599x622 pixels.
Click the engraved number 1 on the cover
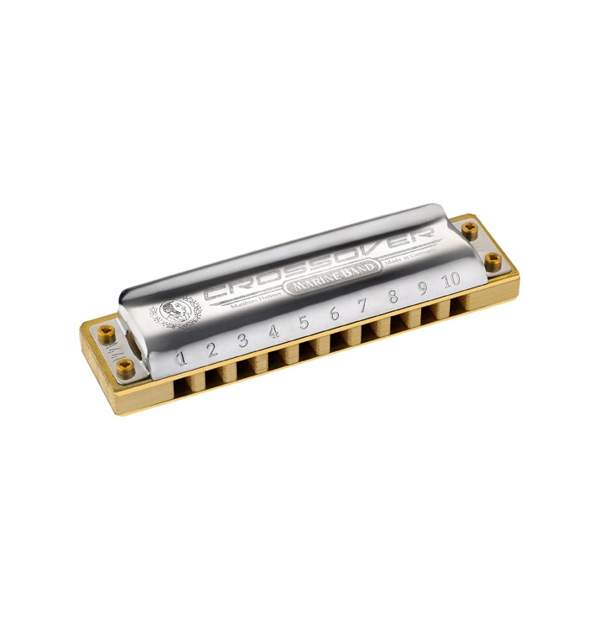[180, 359]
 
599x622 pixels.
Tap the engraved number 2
[211, 350]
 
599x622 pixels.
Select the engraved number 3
[242, 340]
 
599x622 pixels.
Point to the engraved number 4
[273, 332]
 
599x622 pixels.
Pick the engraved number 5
[304, 323]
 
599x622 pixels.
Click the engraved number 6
[334, 314]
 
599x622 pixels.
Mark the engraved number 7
[363, 306]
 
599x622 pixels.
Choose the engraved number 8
[393, 297]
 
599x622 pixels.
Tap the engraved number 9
[422, 289]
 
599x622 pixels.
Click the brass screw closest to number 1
[126, 364]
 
